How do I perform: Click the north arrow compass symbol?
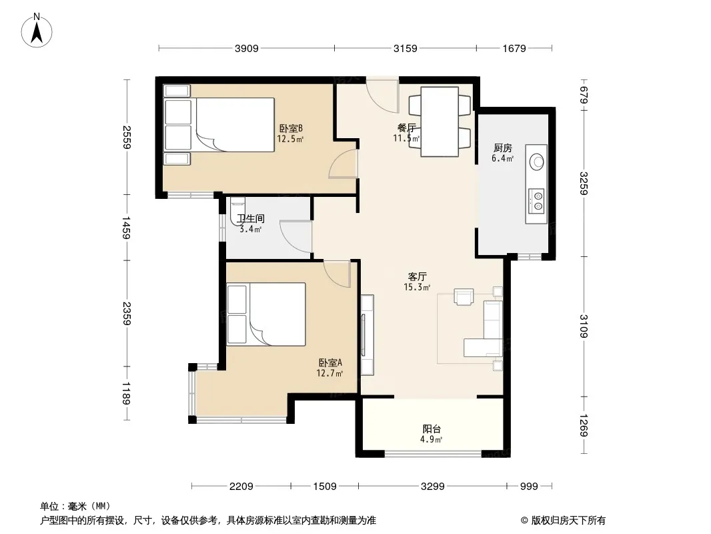(37, 31)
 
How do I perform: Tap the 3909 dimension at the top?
(246, 48)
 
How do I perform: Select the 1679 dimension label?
(514, 48)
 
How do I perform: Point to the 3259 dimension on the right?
(584, 184)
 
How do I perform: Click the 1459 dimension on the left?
(127, 228)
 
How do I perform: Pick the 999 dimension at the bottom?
(529, 487)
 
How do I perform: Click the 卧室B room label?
(291, 129)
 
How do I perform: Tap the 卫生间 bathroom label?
(251, 219)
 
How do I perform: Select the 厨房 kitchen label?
(502, 148)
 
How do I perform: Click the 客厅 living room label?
(417, 277)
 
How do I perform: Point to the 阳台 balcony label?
(432, 429)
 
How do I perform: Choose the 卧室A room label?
(330, 363)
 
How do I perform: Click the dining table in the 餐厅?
(440, 121)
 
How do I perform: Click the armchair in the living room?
(464, 297)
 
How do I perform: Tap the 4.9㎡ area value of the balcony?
(431, 439)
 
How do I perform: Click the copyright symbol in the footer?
(524, 521)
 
